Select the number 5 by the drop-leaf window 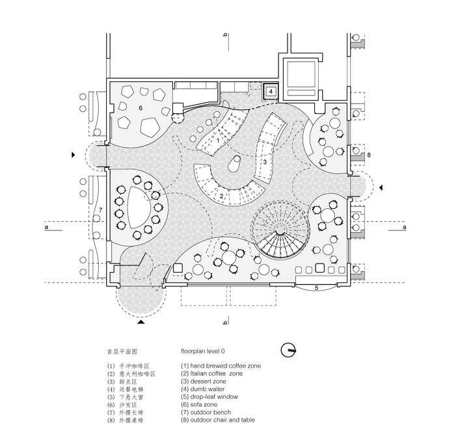tap(316, 287)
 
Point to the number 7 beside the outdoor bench tap(101, 210)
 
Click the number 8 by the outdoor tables tap(368, 155)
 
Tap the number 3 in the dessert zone tap(265, 161)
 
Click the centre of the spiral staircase tap(279, 232)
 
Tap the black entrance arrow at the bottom tap(141, 321)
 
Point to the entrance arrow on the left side tap(74, 156)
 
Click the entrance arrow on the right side tap(381, 187)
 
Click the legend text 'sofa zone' tap(204, 405)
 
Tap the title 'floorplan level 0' tap(207, 351)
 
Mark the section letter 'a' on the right tap(404, 228)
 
